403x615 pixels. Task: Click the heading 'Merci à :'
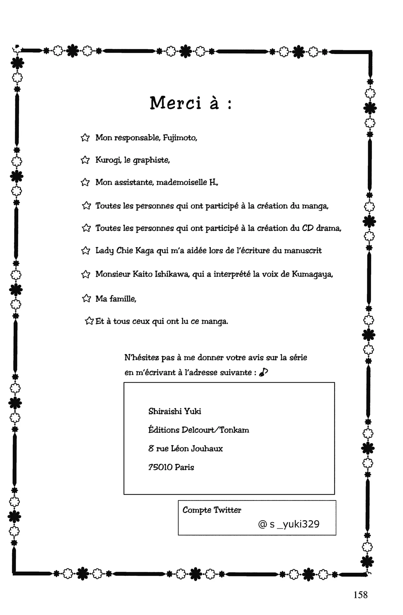[191, 103]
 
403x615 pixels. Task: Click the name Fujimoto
[180, 138]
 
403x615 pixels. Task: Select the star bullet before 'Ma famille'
[86, 298]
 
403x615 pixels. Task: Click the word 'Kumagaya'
[312, 274]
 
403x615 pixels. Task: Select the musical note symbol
[263, 372]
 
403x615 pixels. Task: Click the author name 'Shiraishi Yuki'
[175, 411]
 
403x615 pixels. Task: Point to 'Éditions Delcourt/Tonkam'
[199, 430]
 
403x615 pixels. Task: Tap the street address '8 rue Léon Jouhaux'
[185, 449]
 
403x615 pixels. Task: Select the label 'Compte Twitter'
[212, 510]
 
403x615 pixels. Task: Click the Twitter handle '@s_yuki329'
[289, 524]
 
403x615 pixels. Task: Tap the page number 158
[360, 595]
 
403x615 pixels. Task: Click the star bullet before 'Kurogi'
[85, 160]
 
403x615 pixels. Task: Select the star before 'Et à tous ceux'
[89, 321]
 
